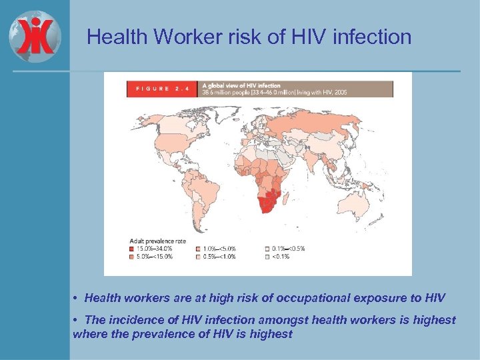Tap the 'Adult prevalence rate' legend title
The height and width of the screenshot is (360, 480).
coord(157,241)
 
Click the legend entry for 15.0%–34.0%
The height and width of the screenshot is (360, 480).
coord(150,248)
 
